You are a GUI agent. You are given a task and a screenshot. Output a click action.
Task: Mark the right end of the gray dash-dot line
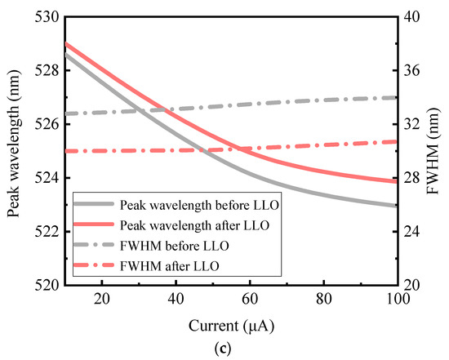pos(397,97)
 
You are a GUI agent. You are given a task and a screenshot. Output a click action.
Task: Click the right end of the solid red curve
pos(397,182)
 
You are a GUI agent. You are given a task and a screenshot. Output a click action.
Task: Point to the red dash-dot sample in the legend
pos(92,265)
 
